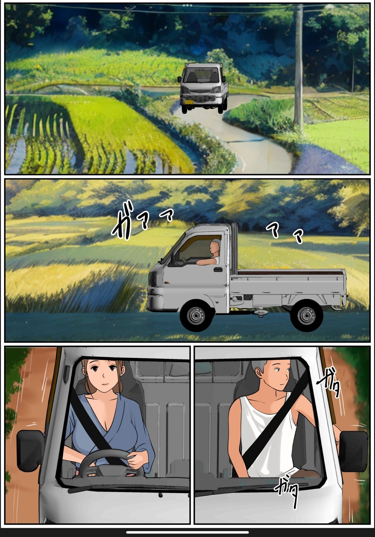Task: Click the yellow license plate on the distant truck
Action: (189, 102)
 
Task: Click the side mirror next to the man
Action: (353, 451)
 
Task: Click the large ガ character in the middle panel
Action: (123, 225)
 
